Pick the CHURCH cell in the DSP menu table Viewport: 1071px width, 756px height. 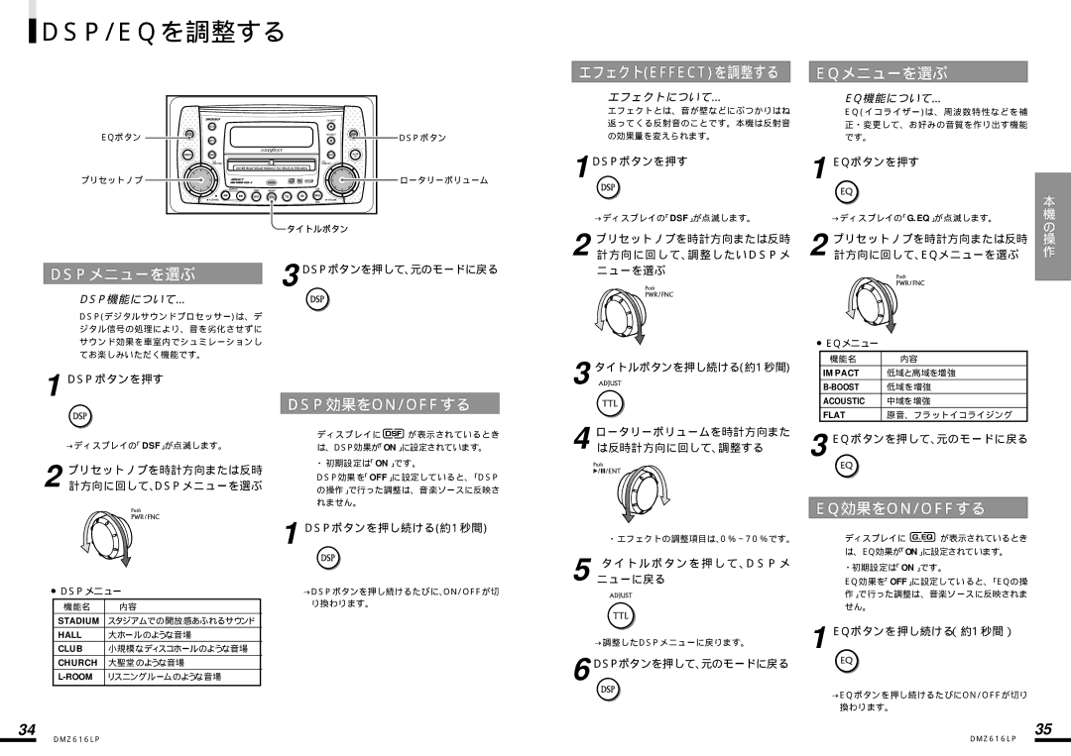click(77, 662)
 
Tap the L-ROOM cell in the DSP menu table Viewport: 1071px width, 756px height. click(75, 676)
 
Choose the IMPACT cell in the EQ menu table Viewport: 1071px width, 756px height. click(839, 373)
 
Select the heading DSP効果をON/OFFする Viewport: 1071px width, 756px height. click(393, 403)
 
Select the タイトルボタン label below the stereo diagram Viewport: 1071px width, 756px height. click(317, 228)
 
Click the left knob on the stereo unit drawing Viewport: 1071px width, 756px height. click(201, 180)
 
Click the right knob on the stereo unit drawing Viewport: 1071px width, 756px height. click(341, 180)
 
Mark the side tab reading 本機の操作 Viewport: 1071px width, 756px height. click(1050, 228)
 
